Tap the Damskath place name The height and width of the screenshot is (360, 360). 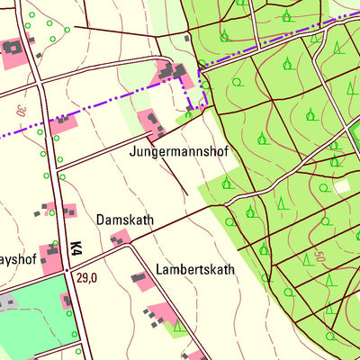(125, 220)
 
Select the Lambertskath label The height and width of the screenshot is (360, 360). (195, 269)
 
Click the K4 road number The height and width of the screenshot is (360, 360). (76, 246)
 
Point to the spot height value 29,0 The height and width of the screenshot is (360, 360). (87, 279)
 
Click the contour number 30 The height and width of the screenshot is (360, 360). (20, 112)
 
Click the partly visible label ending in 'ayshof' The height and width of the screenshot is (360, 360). (17, 257)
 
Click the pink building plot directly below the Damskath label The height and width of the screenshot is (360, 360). (119, 239)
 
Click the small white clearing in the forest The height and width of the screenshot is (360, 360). (341, 186)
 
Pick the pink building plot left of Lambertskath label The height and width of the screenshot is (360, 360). (140, 280)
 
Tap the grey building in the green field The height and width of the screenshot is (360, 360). (7, 301)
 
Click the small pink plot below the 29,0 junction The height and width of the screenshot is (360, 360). (67, 301)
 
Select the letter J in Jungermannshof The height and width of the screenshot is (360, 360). (132, 153)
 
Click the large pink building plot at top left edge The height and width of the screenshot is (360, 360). (13, 54)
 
